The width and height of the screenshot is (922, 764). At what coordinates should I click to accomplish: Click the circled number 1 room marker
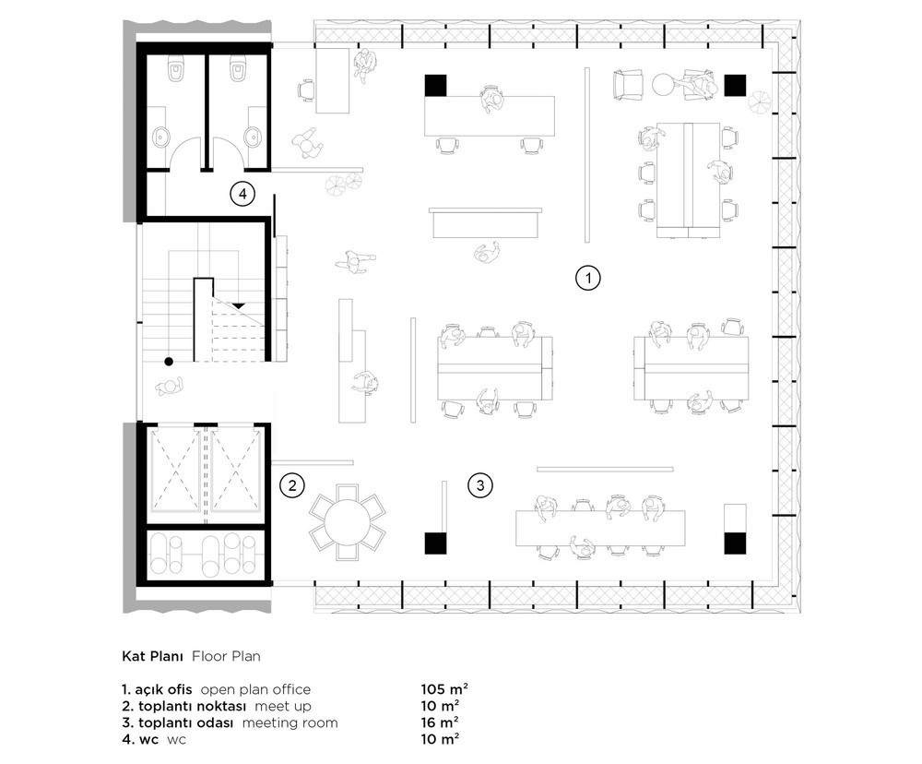587,277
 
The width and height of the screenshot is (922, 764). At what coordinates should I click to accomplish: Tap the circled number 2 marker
292,485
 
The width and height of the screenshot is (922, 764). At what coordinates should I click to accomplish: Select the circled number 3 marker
480,485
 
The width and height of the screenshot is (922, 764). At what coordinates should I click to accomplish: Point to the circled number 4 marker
242,193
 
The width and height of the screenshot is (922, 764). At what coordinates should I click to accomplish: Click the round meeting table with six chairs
348,522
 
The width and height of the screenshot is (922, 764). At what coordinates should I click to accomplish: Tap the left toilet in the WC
176,69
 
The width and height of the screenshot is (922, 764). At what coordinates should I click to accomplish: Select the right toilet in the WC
238,69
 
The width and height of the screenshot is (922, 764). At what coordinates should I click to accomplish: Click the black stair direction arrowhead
238,305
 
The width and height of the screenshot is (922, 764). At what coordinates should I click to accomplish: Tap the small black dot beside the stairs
169,362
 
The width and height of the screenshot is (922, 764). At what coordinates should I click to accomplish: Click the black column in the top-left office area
435,85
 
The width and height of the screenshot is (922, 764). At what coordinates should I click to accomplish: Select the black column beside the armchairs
735,85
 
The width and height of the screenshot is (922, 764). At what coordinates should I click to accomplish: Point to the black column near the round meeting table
436,543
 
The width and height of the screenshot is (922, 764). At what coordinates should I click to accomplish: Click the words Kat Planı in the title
153,656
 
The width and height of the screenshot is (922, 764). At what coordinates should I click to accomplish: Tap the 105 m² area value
444,689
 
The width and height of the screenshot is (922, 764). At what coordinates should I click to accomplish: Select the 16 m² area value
440,722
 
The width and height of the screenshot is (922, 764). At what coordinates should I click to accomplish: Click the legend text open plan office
255,690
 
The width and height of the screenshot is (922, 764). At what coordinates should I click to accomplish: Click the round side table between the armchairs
666,85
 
